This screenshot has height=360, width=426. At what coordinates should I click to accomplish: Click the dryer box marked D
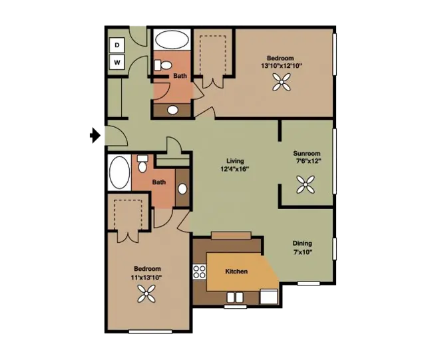[117, 45]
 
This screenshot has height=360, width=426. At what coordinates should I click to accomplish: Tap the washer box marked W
[117, 63]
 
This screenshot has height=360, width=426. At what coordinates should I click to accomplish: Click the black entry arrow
[95, 135]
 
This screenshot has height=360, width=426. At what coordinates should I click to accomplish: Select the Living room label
[235, 161]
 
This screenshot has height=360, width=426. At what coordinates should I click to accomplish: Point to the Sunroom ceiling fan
[306, 184]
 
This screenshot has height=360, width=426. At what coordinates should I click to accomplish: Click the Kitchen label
[236, 271]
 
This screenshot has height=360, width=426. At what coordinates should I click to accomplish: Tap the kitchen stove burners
[200, 271]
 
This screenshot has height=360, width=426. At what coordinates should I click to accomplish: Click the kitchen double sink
[235, 297]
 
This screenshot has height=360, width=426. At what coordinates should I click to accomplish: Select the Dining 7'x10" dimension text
[302, 252]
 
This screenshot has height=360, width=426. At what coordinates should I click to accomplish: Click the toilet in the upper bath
[162, 65]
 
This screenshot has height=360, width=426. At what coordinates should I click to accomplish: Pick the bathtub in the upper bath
[172, 40]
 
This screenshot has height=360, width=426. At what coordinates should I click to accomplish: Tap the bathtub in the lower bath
[119, 172]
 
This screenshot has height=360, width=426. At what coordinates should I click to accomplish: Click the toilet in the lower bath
[142, 164]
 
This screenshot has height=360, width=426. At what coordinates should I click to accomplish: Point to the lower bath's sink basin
[182, 189]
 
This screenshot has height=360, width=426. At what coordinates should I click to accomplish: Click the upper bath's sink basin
[172, 110]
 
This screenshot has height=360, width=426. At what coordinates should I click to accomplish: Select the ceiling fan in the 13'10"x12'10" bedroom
[282, 82]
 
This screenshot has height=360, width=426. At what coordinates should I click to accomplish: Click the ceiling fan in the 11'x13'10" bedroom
[146, 293]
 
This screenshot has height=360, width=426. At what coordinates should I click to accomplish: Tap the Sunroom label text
[307, 153]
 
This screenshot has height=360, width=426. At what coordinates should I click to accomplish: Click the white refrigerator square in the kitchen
[269, 297]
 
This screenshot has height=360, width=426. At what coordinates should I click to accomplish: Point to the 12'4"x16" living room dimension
[235, 169]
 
